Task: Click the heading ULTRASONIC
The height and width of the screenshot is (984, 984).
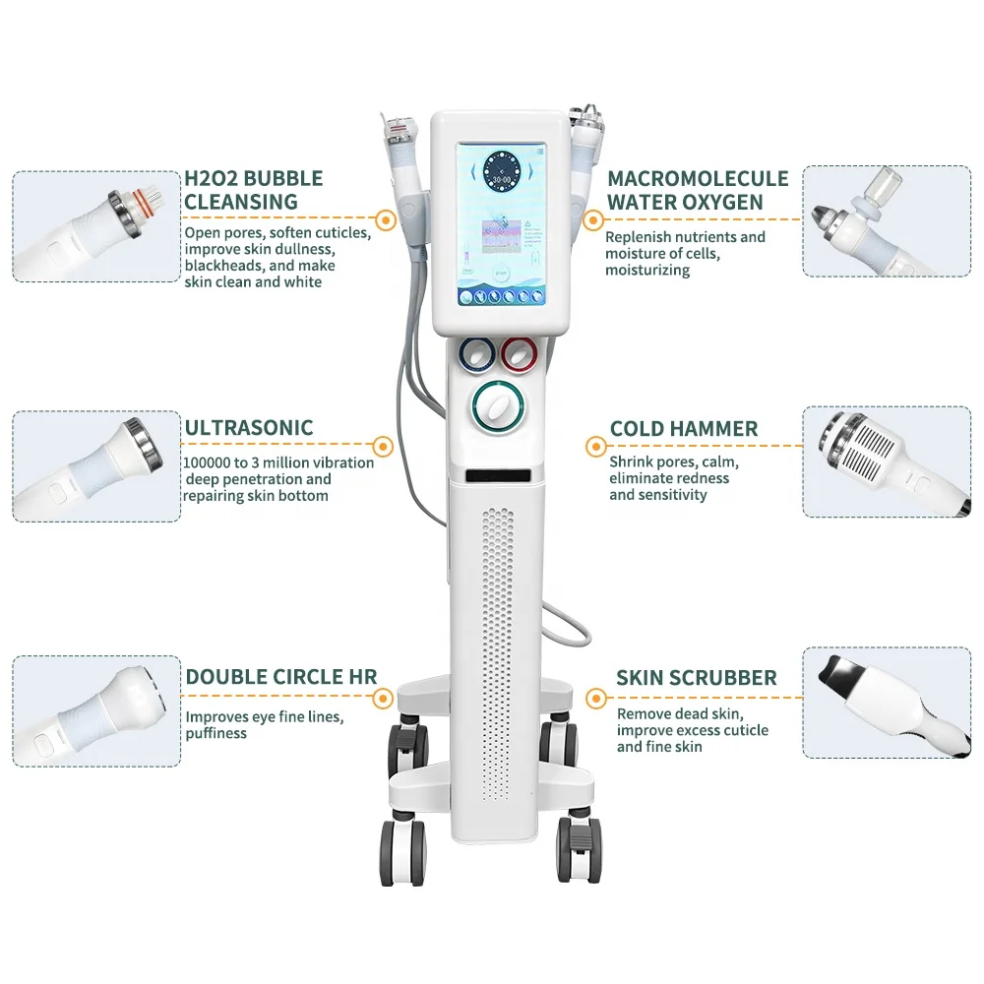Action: click(249, 428)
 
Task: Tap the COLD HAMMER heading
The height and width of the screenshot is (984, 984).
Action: click(683, 429)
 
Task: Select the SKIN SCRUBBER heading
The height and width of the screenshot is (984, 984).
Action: click(696, 678)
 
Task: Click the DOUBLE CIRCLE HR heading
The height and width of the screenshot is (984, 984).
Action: click(281, 676)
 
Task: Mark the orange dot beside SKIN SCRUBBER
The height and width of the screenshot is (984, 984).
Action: click(594, 698)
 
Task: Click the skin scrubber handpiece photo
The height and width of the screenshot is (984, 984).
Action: click(886, 702)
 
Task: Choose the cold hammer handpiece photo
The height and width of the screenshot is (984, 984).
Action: click(886, 461)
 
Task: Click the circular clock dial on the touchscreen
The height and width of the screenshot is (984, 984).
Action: click(504, 180)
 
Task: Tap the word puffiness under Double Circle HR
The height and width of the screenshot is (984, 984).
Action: click(216, 733)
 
